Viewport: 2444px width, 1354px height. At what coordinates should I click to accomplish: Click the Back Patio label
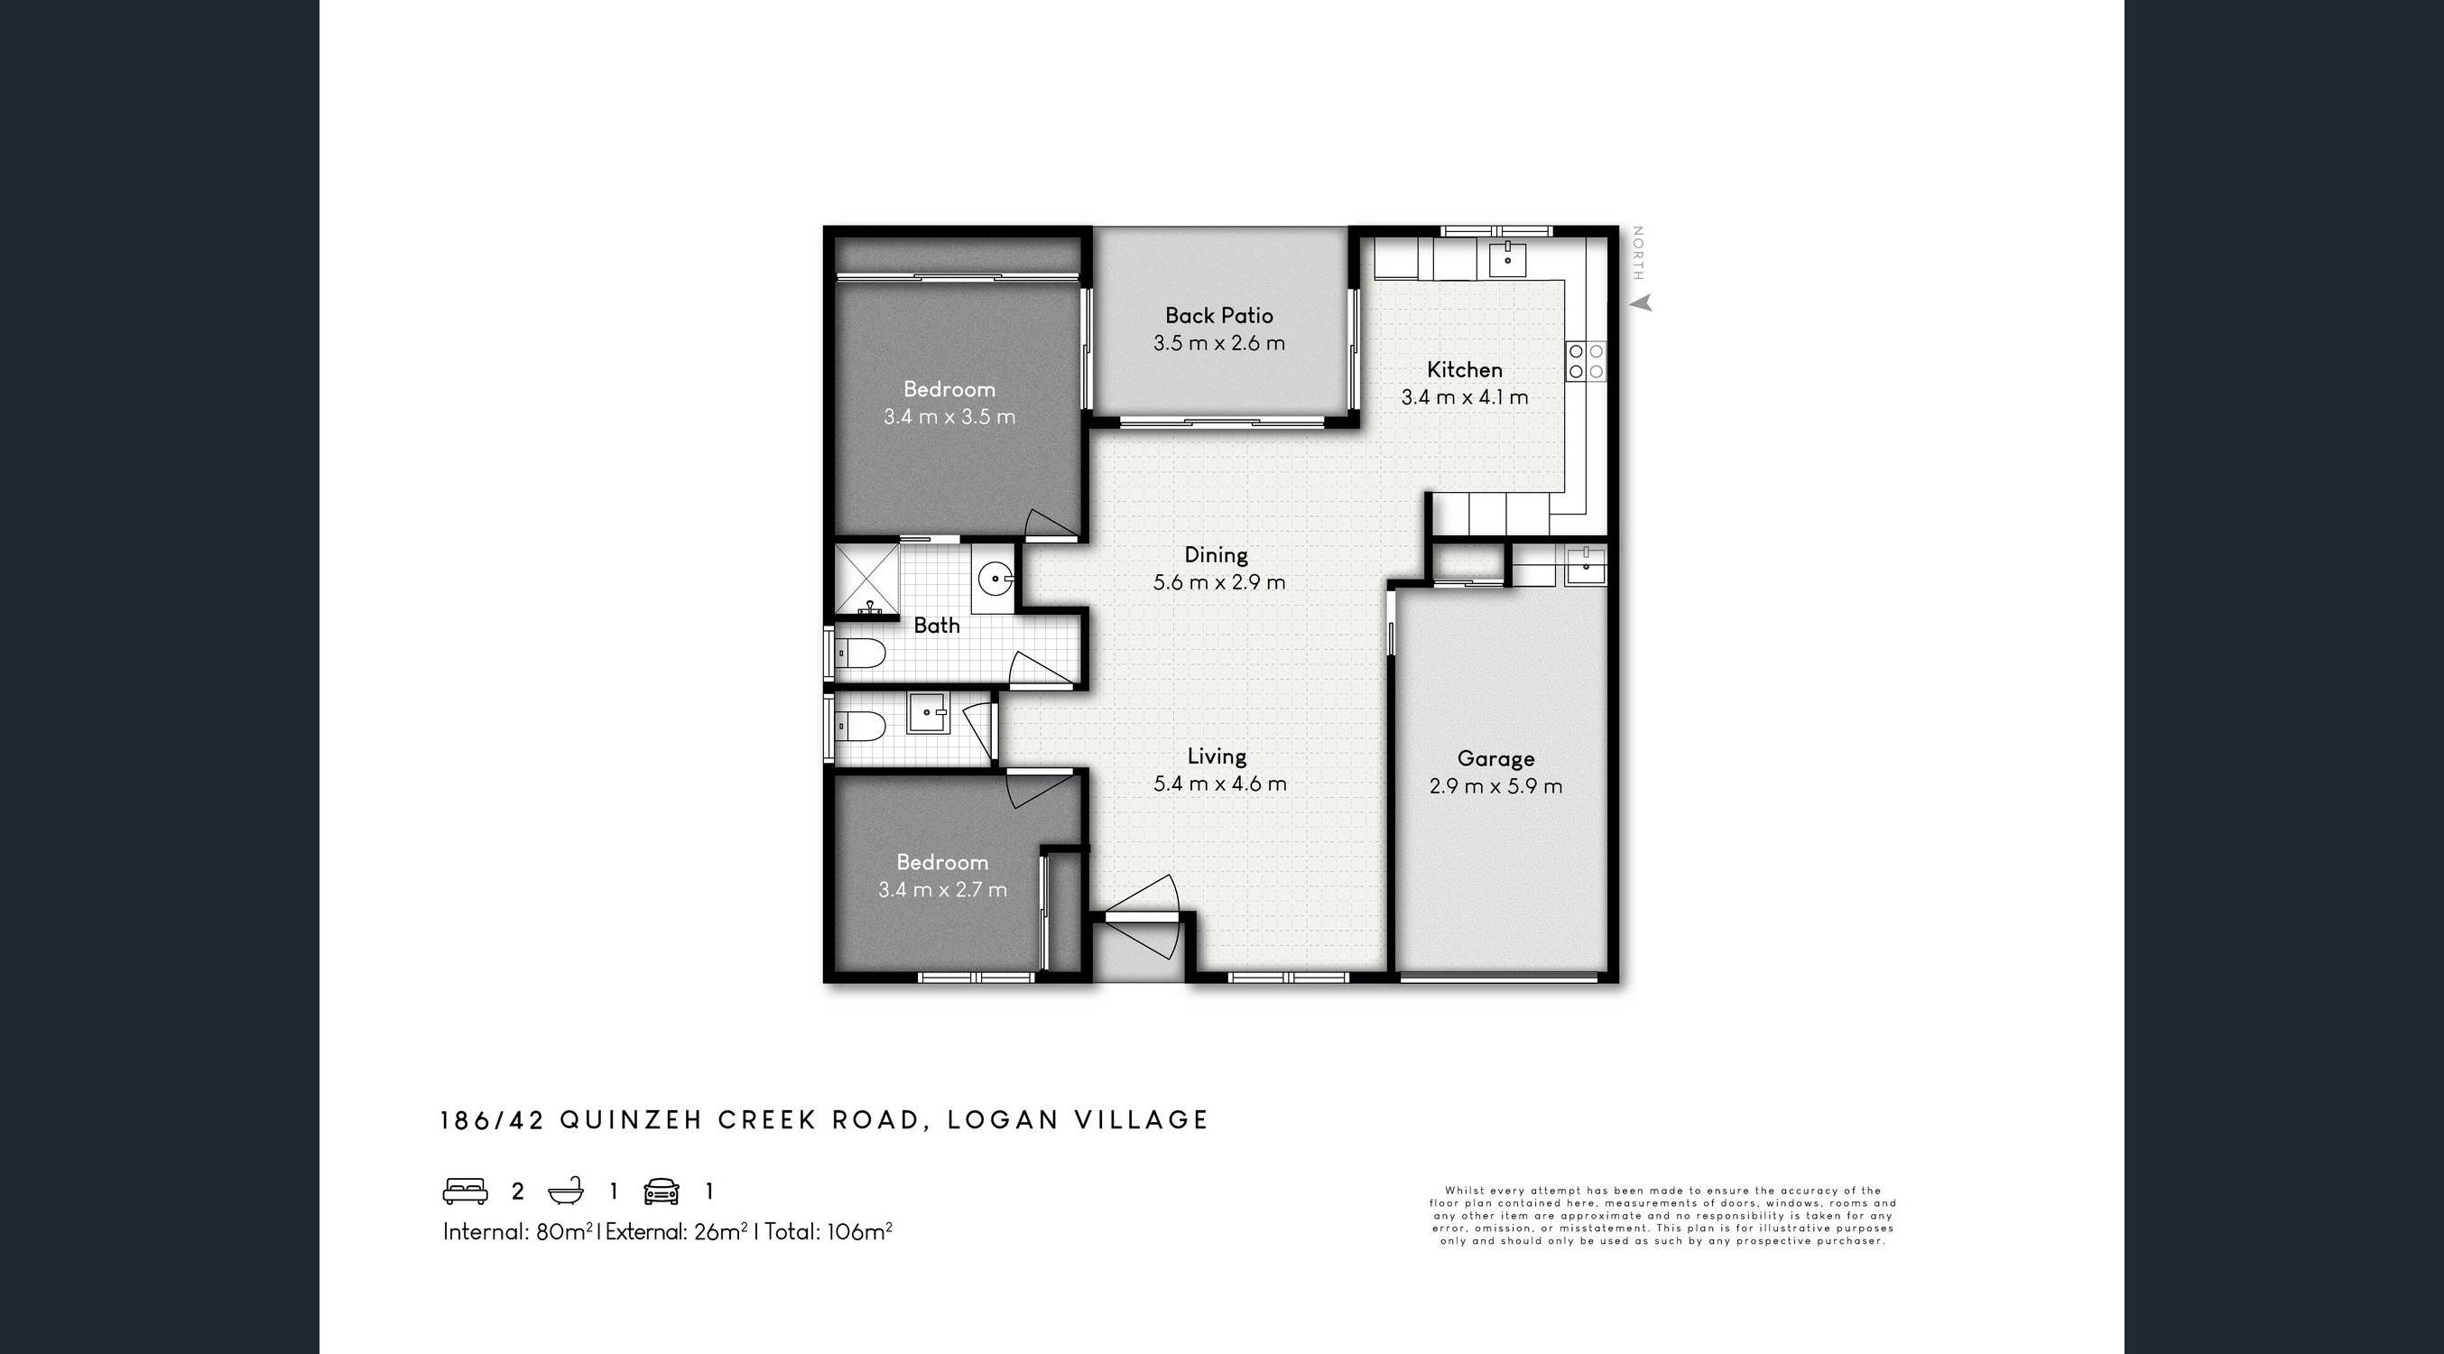1219,315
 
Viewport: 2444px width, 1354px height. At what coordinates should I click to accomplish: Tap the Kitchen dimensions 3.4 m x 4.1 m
1465,396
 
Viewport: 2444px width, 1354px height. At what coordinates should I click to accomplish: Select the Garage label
1496,758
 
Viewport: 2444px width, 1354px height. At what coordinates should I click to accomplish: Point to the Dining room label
1217,554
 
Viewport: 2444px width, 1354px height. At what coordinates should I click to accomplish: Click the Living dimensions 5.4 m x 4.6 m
1220,784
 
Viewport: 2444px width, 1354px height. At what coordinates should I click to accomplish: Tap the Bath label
937,626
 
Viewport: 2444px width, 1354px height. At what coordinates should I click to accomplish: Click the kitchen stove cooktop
1587,361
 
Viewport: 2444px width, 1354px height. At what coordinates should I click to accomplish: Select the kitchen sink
1507,259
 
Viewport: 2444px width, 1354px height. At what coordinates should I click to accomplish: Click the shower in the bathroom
866,580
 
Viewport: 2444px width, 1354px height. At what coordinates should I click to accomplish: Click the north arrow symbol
1643,302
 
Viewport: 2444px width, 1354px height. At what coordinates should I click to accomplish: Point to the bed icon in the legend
465,1191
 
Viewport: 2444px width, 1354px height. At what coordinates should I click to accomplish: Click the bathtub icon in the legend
567,1191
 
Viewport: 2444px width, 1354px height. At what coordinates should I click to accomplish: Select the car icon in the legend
662,1191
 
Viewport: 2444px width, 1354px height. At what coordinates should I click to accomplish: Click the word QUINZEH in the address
631,1119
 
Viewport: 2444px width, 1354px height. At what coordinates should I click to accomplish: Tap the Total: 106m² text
829,1231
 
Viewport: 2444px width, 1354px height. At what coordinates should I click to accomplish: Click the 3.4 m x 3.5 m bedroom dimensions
949,416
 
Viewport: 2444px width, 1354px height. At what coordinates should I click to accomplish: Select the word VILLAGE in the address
1142,1119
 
